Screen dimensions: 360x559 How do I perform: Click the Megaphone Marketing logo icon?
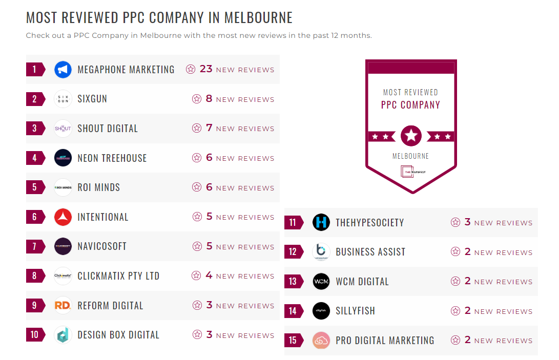tap(63, 70)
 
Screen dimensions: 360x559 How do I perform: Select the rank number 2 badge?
tap(35, 99)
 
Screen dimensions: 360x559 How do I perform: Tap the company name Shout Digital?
tap(108, 129)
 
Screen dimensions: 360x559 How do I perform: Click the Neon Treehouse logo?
tap(63, 158)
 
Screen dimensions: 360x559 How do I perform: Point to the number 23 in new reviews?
tap(206, 69)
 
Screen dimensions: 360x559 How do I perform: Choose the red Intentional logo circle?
tap(63, 217)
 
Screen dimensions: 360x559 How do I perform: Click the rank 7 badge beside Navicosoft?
tap(35, 246)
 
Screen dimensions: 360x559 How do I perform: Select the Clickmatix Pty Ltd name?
tap(118, 276)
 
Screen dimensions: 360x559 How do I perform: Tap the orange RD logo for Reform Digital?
tap(63, 306)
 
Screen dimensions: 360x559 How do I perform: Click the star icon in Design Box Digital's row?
tap(197, 335)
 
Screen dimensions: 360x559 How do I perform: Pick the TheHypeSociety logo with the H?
tap(321, 222)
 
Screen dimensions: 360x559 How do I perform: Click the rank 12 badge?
tap(293, 252)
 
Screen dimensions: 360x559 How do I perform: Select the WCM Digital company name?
tap(362, 282)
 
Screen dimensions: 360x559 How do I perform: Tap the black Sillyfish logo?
tap(321, 311)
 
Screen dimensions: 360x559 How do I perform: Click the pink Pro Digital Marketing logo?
tap(321, 341)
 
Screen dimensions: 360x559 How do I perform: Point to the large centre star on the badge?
tap(411, 136)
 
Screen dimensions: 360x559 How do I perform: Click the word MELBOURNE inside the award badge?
tap(411, 156)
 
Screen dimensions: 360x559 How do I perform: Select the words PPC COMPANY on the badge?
tap(411, 105)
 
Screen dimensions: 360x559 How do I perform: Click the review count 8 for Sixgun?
tap(209, 99)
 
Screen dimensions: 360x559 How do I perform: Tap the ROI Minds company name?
tap(99, 187)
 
